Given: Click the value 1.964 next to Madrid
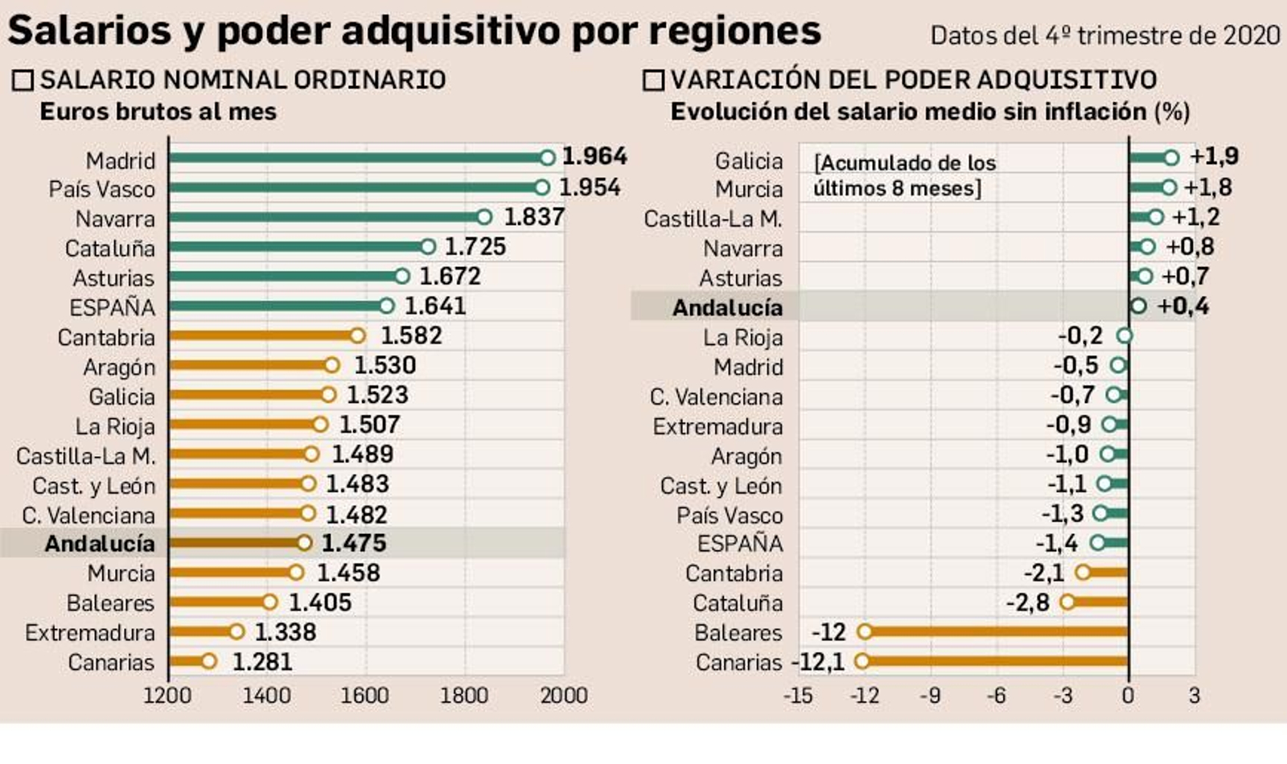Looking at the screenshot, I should coord(594,156).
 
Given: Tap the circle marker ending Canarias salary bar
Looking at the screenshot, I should coord(209,661).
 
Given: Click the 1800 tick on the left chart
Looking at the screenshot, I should coord(464,695).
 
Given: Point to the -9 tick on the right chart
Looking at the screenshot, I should coord(931,695).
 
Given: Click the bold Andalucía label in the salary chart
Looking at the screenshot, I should coord(100,544).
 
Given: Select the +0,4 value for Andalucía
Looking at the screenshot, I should coord(1182,306).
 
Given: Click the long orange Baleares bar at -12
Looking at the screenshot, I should coord(997,631).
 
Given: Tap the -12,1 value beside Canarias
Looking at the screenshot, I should coord(819,662).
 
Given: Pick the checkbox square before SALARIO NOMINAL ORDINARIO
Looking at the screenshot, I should coord(23,80).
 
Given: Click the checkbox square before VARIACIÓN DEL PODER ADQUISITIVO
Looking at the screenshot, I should coord(653,80).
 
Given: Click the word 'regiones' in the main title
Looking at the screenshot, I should coord(734,31).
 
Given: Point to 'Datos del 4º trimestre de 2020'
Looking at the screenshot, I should coord(1104,35).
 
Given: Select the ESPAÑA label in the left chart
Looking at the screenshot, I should coord(112,307).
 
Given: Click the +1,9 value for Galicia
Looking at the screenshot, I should coord(1214,156).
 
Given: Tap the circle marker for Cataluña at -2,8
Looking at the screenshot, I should coord(1067,602).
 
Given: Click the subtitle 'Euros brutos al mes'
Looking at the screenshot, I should coord(158,111).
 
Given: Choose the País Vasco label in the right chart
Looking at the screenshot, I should coord(729,515).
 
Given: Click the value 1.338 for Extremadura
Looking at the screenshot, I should coord(286,632).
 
